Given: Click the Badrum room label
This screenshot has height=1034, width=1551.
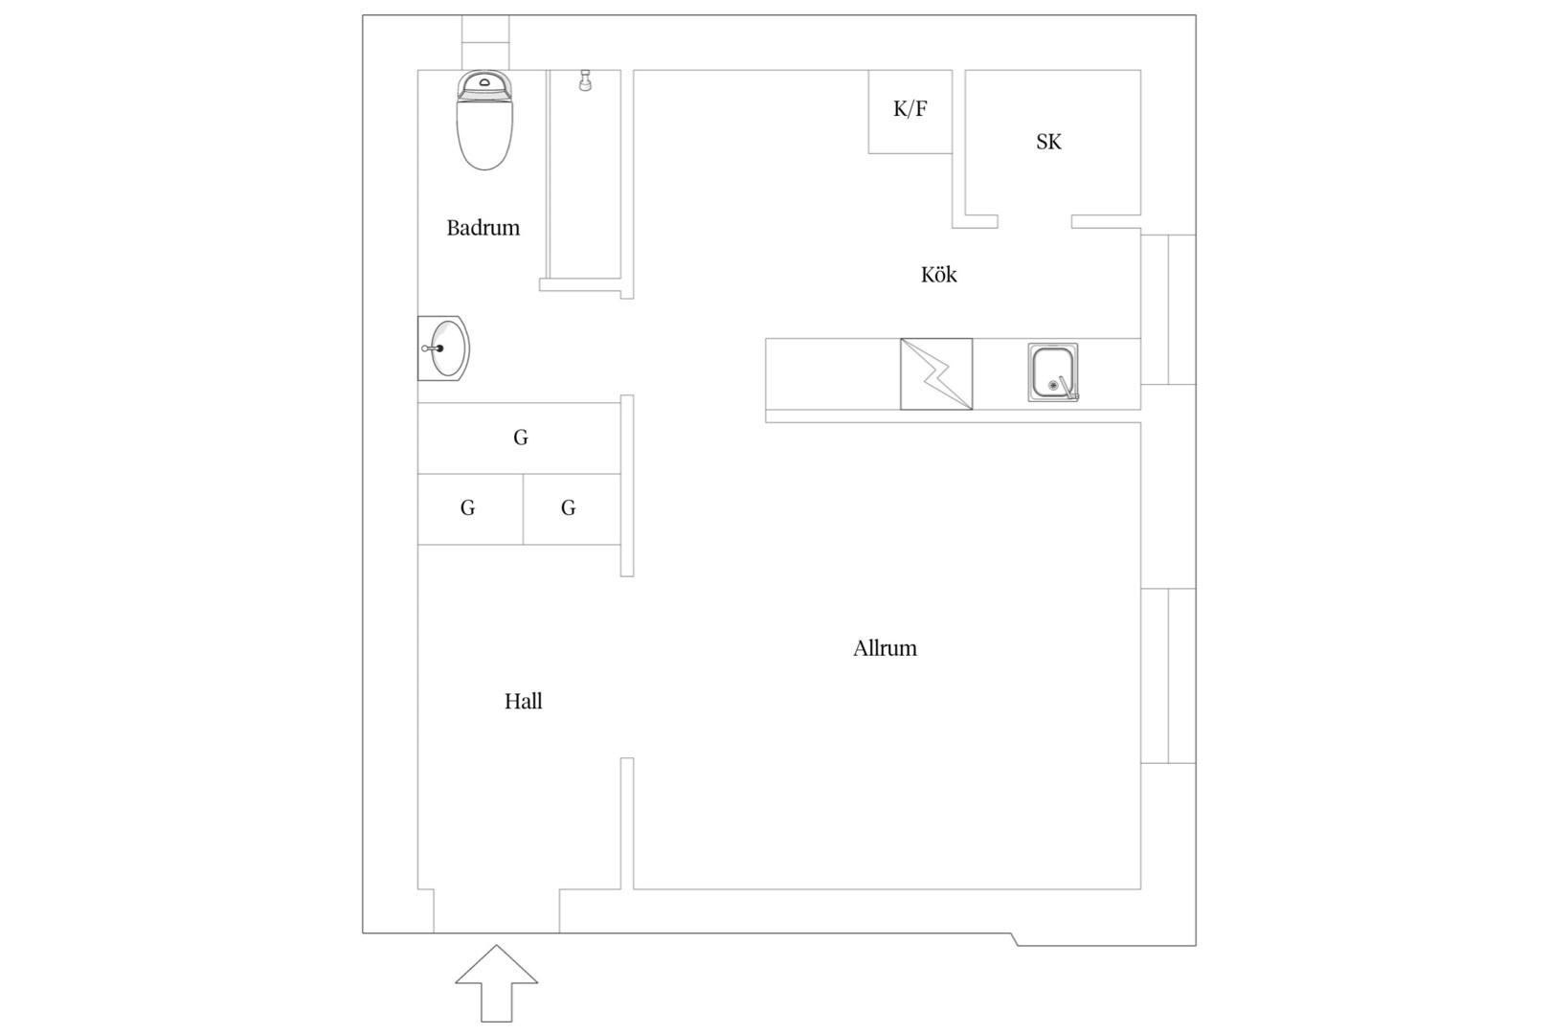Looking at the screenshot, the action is click(x=483, y=228).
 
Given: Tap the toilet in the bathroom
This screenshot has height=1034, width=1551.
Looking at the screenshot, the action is click(x=484, y=120).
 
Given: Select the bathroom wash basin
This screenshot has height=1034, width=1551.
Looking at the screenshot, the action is click(x=444, y=348).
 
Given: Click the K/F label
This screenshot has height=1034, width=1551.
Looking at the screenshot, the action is click(x=910, y=109).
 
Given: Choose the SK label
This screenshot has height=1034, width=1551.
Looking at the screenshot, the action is click(x=1048, y=142).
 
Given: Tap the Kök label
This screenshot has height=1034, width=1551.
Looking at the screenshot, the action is click(x=938, y=275).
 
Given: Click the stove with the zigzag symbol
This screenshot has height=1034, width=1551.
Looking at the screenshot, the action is click(x=936, y=374).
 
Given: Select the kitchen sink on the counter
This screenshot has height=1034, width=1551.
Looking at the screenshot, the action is click(x=1052, y=372).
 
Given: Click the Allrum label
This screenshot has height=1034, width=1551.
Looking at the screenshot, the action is click(x=885, y=648).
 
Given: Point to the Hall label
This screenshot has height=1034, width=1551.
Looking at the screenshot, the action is click(x=523, y=702).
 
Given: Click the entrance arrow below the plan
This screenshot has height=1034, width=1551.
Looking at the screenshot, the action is click(x=497, y=982).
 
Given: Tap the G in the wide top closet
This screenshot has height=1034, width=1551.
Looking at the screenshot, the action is click(x=521, y=438).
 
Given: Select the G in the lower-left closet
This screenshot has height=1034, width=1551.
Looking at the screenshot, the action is click(x=467, y=508).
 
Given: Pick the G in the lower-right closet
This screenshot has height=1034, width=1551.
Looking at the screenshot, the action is click(x=568, y=508).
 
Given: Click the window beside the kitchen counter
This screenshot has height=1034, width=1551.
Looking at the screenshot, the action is click(x=1168, y=309).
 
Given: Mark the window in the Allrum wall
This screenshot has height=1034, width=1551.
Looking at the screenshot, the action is click(x=1168, y=676).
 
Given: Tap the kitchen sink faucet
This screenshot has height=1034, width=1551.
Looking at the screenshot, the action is click(x=1067, y=390).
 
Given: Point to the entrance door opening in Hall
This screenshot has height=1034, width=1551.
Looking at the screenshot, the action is click(x=497, y=911).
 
